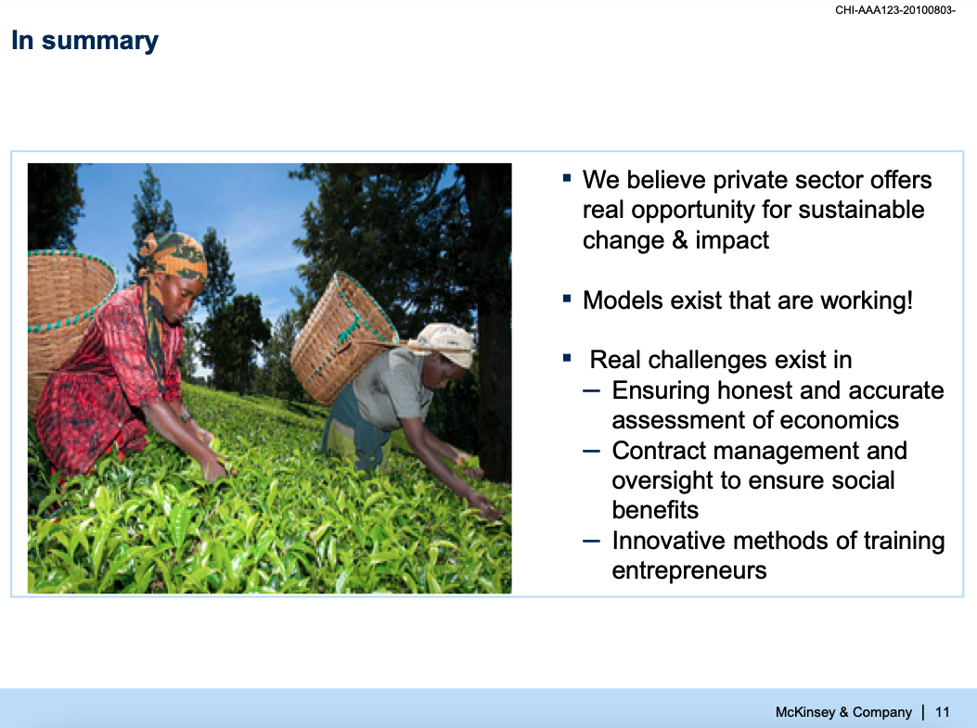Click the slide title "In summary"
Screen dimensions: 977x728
point(84,41)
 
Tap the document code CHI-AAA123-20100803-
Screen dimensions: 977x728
point(894,10)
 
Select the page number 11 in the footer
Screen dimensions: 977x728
point(942,712)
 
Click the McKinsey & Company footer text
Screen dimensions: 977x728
point(843,712)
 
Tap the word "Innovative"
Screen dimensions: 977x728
point(669,541)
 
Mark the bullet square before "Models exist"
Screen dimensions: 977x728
point(566,299)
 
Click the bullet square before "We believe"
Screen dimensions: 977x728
point(566,178)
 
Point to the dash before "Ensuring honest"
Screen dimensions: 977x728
point(591,391)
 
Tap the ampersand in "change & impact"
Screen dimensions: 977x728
point(680,240)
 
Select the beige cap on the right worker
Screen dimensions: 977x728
point(443,343)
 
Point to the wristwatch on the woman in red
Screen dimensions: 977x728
point(186,416)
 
